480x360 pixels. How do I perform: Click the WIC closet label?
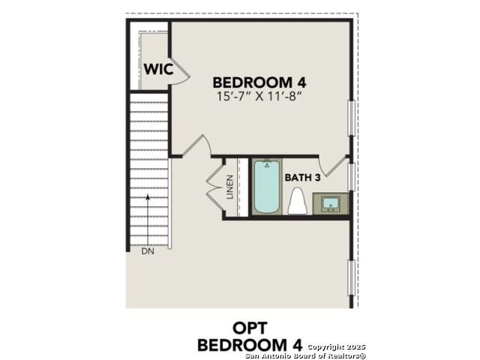click(x=158, y=69)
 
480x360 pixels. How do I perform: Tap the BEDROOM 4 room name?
click(x=259, y=82)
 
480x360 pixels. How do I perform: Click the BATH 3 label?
click(x=302, y=178)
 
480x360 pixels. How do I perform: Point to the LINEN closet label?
click(x=230, y=187)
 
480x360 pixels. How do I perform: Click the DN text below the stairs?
click(x=148, y=252)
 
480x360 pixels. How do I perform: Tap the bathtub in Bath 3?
click(x=267, y=187)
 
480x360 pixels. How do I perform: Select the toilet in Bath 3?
click(x=298, y=201)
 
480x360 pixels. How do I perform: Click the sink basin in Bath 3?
click(x=331, y=203)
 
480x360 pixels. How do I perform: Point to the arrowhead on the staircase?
click(x=148, y=196)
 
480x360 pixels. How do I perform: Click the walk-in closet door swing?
click(x=180, y=71)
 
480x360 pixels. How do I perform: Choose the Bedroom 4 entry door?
click(x=196, y=146)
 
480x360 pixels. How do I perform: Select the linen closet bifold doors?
click(x=216, y=187)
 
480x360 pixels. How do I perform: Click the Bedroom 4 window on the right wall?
click(x=352, y=118)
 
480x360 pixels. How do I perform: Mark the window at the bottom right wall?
click(x=352, y=278)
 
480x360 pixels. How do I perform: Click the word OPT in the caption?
click(x=250, y=328)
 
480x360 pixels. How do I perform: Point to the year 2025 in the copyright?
click(x=355, y=346)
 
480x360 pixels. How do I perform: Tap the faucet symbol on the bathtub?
click(x=267, y=164)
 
